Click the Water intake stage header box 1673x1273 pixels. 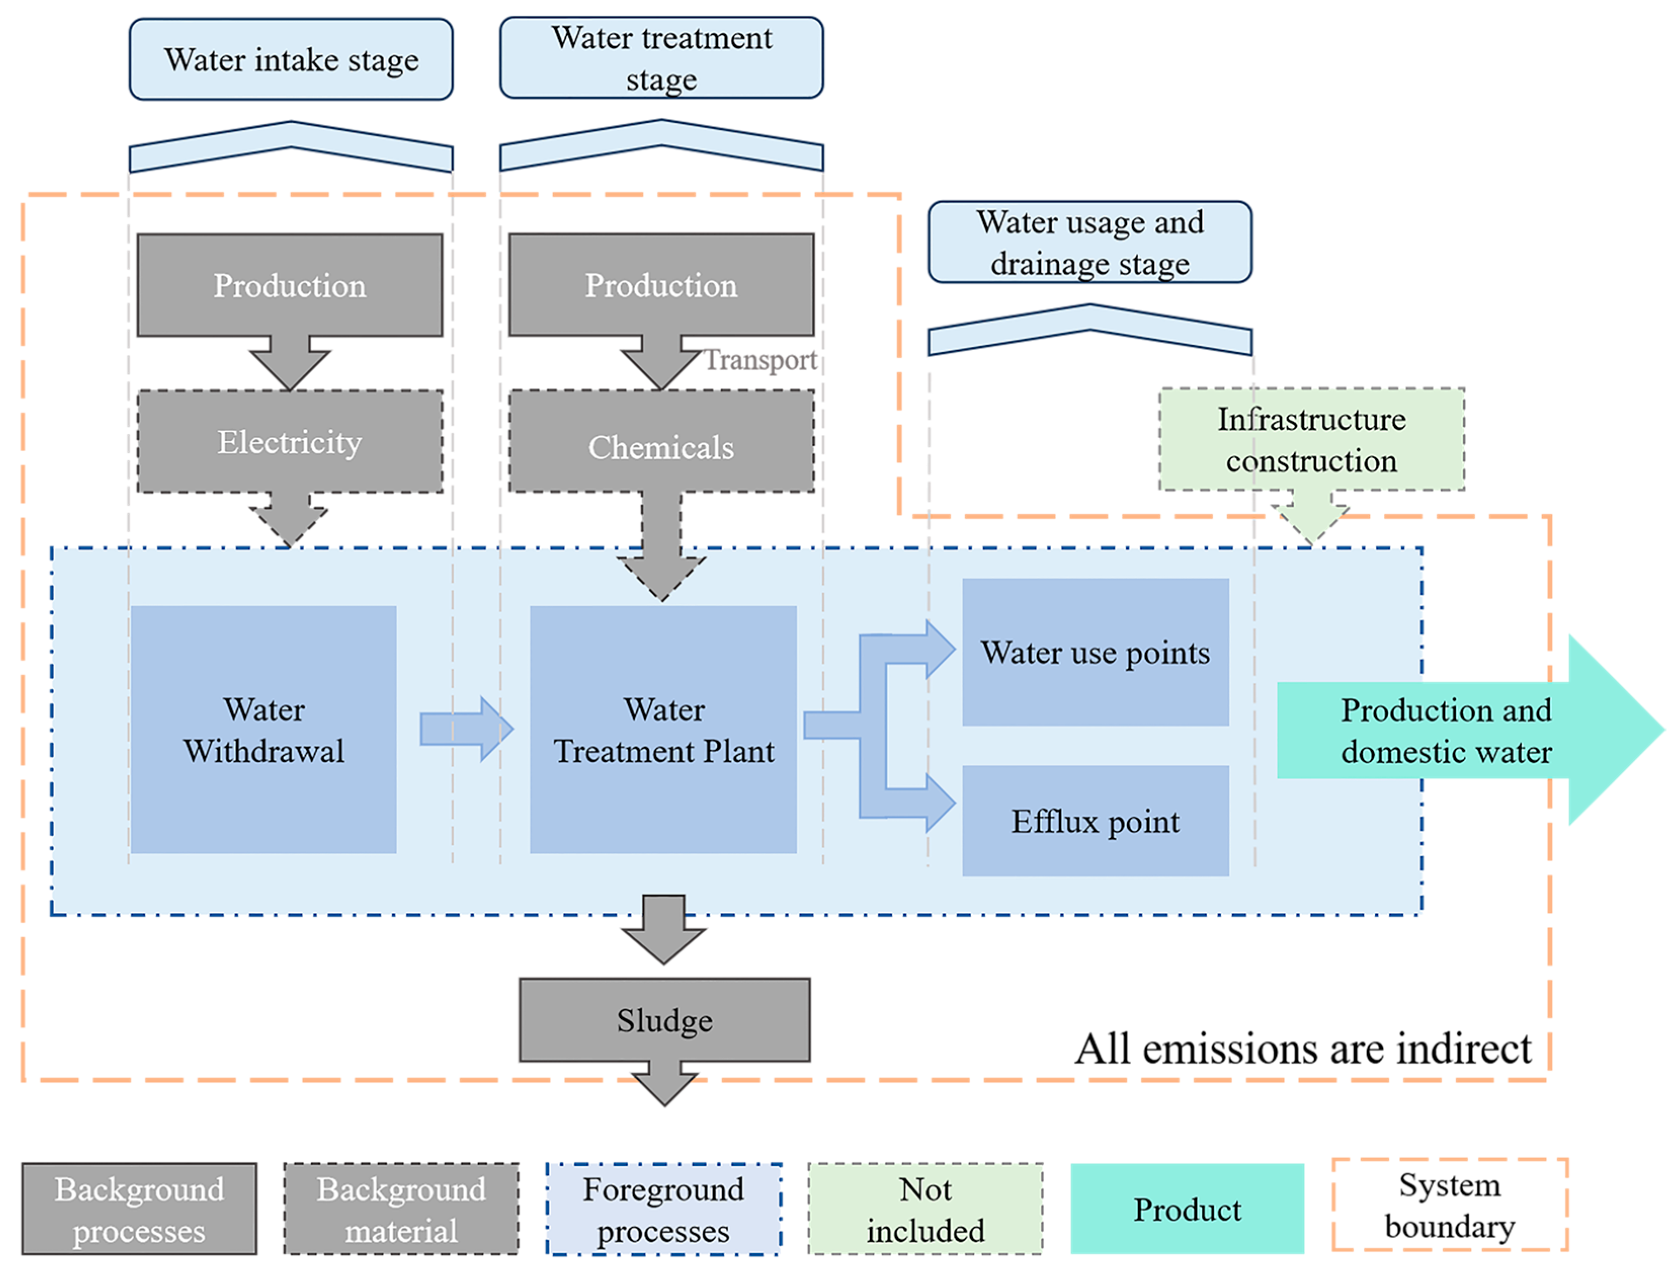290,59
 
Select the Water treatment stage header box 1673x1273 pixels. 660,58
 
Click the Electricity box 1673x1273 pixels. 289,442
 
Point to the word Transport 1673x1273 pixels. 760,360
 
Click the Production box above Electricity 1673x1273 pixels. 289,285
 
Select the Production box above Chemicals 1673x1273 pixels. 660,285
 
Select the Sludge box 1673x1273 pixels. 664,1020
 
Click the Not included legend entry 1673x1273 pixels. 925,1209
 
